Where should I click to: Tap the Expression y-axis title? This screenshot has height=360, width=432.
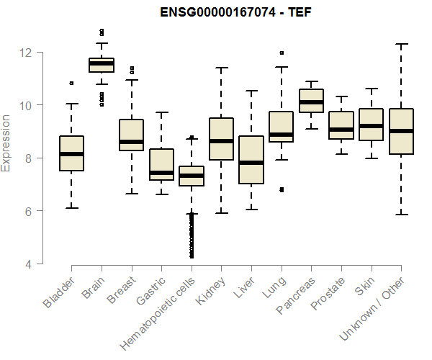(x=7, y=143)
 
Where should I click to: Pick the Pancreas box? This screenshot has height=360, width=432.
(x=311, y=101)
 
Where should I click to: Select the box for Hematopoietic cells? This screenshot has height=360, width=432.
(x=192, y=176)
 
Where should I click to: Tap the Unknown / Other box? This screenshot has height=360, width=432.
(x=401, y=132)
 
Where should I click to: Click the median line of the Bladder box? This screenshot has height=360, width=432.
(x=71, y=154)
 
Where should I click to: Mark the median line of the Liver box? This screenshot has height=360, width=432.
(x=251, y=163)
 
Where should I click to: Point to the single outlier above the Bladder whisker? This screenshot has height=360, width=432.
(x=71, y=84)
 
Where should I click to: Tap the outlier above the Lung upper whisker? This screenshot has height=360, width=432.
(x=281, y=53)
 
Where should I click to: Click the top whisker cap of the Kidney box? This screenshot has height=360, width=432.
(x=221, y=68)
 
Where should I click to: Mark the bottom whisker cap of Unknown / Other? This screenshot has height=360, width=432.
(x=401, y=215)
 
